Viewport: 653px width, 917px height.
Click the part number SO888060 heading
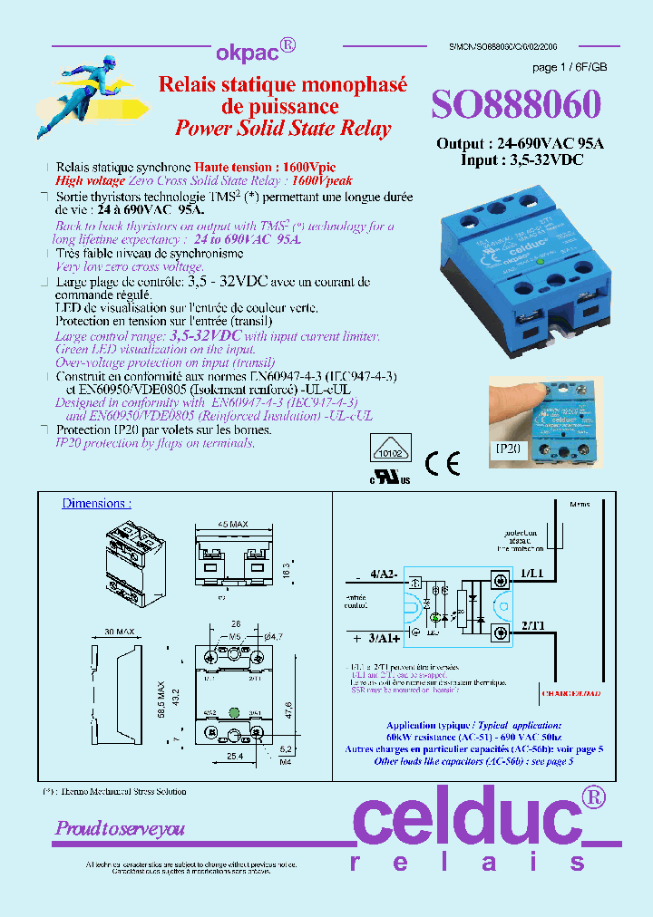(514, 105)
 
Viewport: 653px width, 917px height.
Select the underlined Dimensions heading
(95, 503)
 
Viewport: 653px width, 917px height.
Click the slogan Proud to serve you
(120, 828)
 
